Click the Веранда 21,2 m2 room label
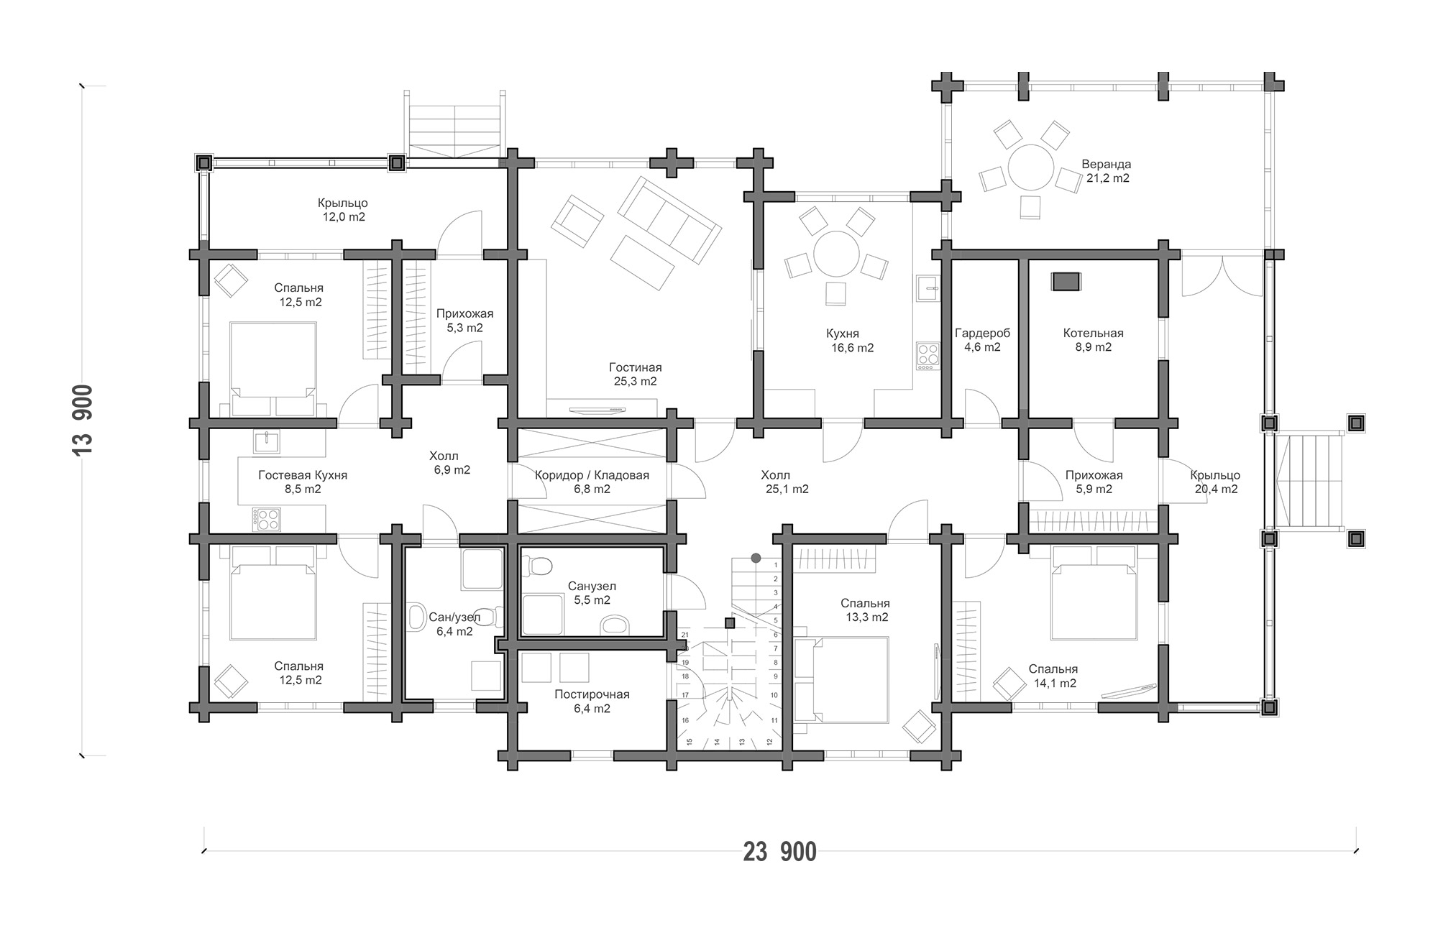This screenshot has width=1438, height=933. coord(1106,171)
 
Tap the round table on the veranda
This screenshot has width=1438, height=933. coord(1031,167)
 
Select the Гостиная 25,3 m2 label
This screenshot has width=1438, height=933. coord(635,374)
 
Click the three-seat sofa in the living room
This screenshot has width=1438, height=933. coord(669,222)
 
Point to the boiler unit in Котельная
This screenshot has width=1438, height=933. coord(1066,281)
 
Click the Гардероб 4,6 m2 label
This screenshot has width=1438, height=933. coord(982,340)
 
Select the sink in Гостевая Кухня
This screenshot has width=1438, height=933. coord(267,442)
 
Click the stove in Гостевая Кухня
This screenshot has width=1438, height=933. coord(266,520)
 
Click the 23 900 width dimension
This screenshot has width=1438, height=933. coord(780,852)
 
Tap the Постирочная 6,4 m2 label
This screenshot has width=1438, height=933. coord(592,702)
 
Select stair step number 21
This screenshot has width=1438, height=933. coord(685,635)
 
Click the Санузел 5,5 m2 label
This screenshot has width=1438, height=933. coord(592,593)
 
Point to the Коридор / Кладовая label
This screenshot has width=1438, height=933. coord(592,475)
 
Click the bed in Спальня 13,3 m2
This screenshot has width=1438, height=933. coord(843,680)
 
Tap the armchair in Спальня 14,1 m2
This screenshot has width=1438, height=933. coord(1009,684)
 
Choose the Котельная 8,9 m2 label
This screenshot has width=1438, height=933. coord(1093,340)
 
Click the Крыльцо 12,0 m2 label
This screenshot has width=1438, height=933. coord(342,210)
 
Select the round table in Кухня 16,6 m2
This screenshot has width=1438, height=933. coord(836,254)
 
